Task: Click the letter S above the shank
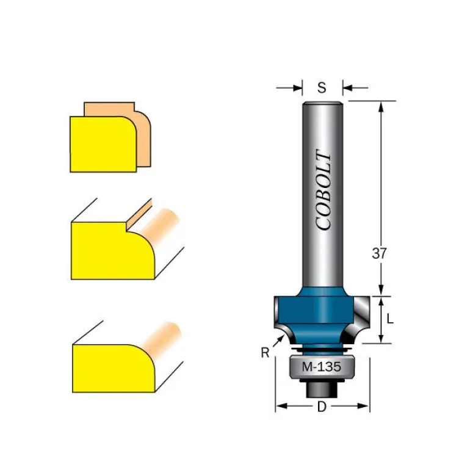pyautogui.click(x=322, y=87)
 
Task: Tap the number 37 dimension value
pyautogui.click(x=379, y=253)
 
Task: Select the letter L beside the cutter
pyautogui.click(x=389, y=319)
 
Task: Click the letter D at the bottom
pyautogui.click(x=322, y=407)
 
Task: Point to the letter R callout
pyautogui.click(x=265, y=353)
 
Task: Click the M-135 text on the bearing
pyautogui.click(x=321, y=367)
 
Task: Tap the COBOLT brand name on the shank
pyautogui.click(x=324, y=190)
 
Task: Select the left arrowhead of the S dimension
pyautogui.click(x=298, y=88)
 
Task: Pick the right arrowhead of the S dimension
pyautogui.click(x=347, y=88)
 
